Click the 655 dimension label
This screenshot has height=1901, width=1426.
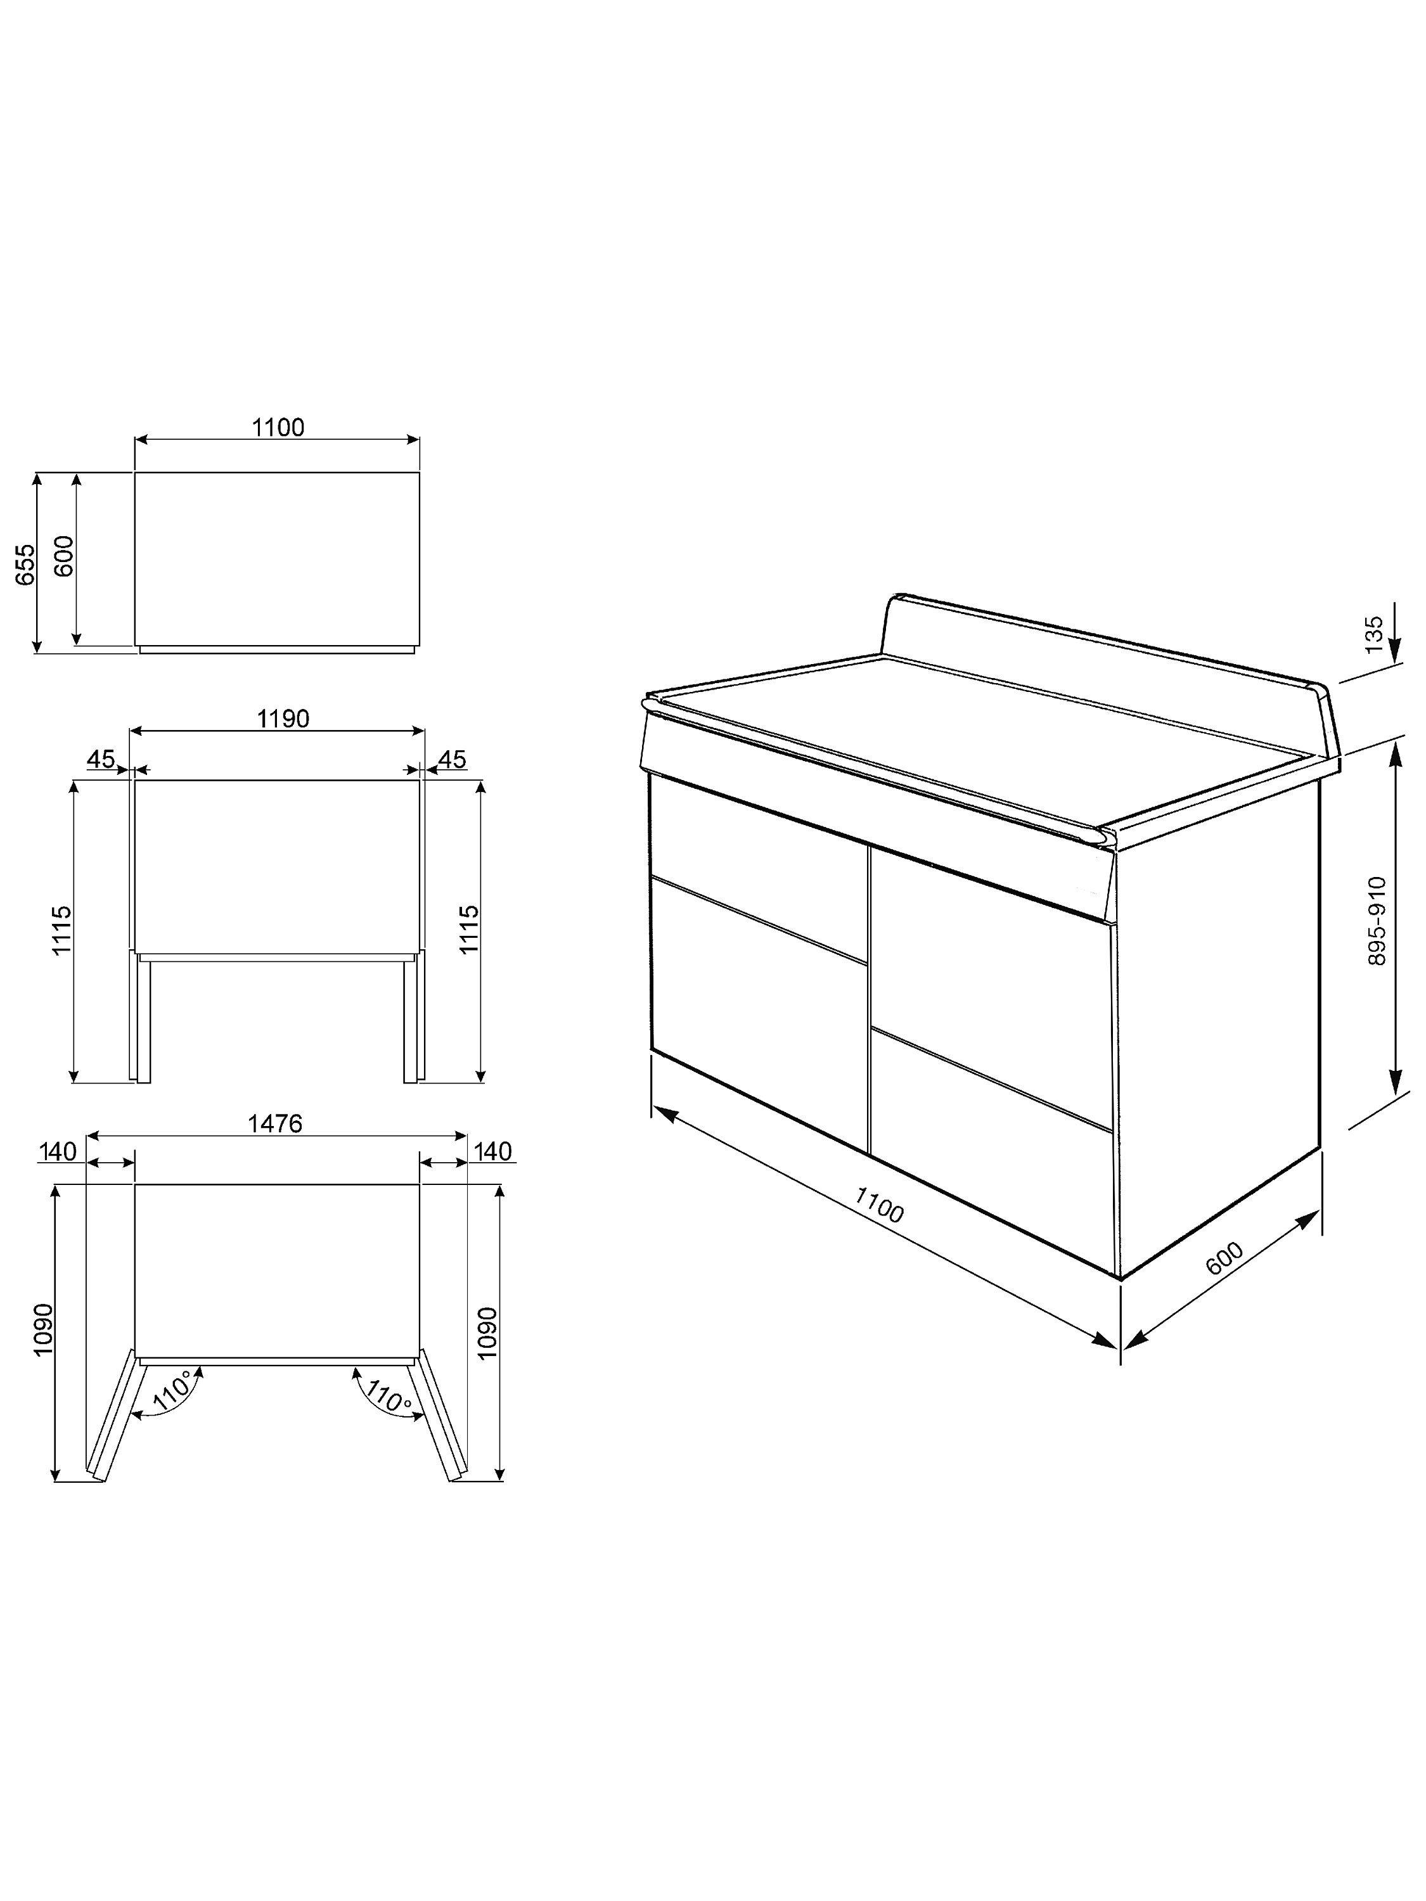(x=27, y=564)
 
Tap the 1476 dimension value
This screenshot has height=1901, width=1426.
(x=275, y=1123)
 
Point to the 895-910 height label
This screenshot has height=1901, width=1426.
(x=1377, y=921)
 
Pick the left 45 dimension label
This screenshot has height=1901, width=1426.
(x=101, y=759)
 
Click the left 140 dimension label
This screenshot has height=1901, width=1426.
(x=58, y=1151)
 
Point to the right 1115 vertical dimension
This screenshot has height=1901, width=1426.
(x=470, y=929)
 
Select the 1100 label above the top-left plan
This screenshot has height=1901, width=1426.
(x=278, y=427)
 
